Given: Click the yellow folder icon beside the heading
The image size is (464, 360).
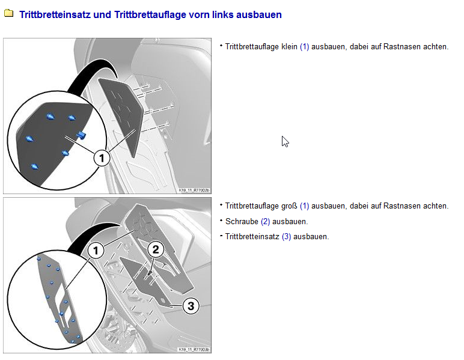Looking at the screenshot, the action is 8,13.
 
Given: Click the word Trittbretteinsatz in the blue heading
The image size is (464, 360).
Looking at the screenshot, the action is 55,14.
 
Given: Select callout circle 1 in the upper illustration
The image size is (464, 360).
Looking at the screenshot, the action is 102,158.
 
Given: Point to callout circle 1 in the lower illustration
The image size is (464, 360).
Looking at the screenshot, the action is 96,251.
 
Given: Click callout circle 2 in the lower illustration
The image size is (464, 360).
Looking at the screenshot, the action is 156,249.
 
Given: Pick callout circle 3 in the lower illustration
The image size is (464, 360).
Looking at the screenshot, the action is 191,306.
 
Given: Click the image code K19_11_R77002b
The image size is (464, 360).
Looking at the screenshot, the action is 194,190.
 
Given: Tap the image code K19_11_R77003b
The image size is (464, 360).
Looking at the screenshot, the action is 194,350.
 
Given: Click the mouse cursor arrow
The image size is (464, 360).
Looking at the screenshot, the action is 285,141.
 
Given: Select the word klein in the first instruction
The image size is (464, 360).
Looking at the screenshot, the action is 289,47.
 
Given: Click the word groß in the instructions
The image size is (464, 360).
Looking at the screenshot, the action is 289,206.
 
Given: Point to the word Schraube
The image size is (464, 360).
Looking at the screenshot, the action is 242,221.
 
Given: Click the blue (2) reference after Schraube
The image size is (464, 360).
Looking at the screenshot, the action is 266,222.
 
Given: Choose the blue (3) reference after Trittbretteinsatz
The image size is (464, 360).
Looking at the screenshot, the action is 287,237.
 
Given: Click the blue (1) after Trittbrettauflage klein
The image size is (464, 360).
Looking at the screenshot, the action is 305,47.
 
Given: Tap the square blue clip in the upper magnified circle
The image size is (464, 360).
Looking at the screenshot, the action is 81,135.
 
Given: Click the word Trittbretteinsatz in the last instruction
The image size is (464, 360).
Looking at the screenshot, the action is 252,237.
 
